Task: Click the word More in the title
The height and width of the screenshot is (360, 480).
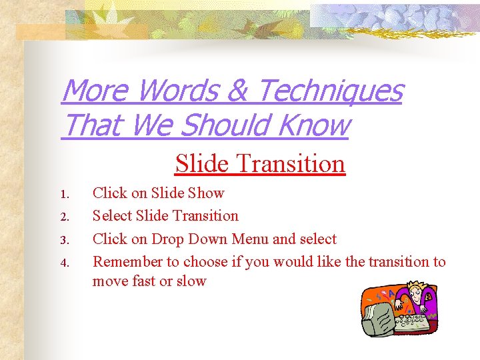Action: click(x=93, y=91)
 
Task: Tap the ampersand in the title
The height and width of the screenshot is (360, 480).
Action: click(x=237, y=91)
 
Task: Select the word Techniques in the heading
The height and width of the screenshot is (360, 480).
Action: click(x=329, y=91)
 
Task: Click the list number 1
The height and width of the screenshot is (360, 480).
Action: click(x=64, y=195)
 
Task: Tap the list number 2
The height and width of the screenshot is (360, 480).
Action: click(x=64, y=217)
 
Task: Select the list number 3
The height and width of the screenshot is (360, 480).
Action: click(x=64, y=240)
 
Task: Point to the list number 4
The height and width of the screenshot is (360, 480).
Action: click(x=64, y=263)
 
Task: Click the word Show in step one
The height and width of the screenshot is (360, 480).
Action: click(x=206, y=193)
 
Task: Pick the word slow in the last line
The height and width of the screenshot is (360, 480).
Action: click(x=191, y=281)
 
